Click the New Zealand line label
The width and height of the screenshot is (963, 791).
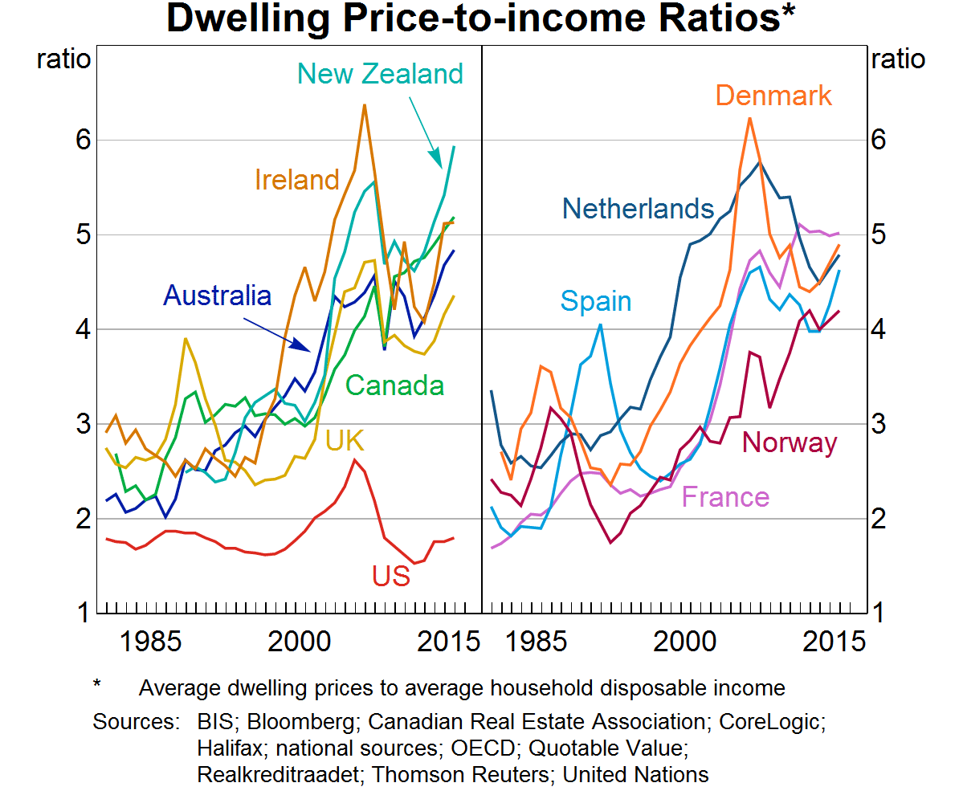pos(380,74)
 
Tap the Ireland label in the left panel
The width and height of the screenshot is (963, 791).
pos(297,179)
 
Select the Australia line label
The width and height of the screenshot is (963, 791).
pos(217,296)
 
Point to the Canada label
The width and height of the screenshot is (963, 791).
pos(394,385)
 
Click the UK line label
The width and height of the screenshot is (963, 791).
pos(345,440)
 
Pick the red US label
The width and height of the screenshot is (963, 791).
pos(390,575)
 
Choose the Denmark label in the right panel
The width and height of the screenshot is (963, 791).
pos(773,96)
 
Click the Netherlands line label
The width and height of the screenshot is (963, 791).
pos(638,209)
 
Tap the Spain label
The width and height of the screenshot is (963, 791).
pos(596,301)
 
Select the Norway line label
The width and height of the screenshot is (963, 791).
pos(790,442)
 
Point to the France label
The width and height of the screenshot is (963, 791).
pos(725,497)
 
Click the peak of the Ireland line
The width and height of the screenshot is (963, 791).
pos(364,104)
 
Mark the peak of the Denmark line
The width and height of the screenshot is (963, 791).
pos(749,118)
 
